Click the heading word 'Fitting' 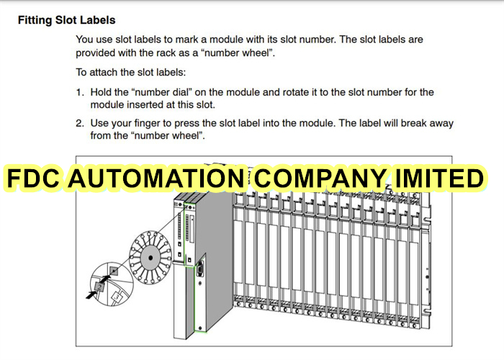35,20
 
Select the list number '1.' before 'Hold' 80,93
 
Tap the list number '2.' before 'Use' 80,123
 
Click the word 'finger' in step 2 147,124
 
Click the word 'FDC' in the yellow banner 33,178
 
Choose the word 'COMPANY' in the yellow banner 320,178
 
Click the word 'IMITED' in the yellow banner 439,178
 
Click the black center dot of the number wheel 150,258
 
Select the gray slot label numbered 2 99,287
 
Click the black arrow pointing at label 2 91,294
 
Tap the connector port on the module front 199,268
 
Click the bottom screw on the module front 200,328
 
